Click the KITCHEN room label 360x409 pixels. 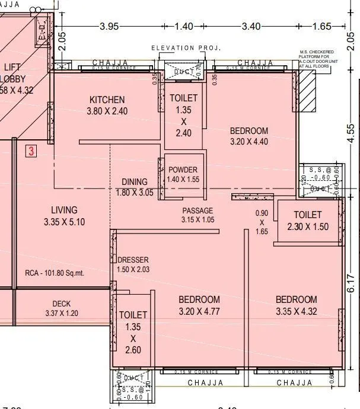coord(107,100)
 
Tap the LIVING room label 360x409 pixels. coord(64,210)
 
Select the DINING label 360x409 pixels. coord(135,182)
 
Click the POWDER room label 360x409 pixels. coord(183,170)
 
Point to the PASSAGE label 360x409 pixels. coord(197,210)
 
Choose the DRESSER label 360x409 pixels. coord(133,260)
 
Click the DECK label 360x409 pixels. coord(62,304)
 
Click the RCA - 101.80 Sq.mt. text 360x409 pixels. coord(55,273)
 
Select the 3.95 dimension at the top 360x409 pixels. coord(110,26)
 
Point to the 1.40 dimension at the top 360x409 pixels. coord(185,26)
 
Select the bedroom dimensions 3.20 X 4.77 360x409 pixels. coord(199,311)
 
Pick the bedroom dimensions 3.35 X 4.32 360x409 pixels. coord(296,311)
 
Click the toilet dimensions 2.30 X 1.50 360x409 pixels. coord(307,226)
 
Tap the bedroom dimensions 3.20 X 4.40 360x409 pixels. coord(249,142)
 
